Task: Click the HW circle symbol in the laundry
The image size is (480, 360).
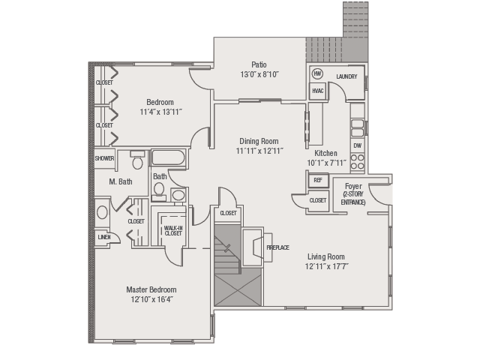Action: tap(318, 73)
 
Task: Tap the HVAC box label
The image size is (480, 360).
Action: tap(318, 91)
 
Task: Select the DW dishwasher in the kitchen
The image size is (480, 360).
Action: tap(358, 145)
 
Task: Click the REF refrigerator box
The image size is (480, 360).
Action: tap(318, 180)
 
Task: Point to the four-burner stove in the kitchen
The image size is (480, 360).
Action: tap(358, 162)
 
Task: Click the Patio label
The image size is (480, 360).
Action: tap(259, 64)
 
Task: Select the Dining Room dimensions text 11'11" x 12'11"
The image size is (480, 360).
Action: tap(259, 151)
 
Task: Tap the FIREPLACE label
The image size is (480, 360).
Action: tap(278, 247)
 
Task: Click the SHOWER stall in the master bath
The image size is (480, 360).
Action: tap(104, 158)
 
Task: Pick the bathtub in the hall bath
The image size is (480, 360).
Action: tap(168, 158)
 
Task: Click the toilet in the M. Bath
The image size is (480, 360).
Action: tap(137, 160)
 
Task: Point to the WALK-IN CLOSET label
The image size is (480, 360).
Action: tap(173, 230)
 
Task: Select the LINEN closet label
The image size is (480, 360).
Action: tap(104, 237)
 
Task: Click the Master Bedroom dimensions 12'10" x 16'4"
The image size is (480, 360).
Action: tap(152, 299)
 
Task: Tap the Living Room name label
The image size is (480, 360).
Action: tap(326, 256)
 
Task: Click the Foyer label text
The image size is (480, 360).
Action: tap(353, 186)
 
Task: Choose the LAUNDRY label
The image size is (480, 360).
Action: tap(346, 76)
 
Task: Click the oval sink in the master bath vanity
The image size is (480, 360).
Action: tap(102, 212)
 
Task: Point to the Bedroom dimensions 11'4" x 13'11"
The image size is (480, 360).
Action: tap(161, 112)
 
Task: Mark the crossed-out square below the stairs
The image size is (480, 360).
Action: tap(238, 290)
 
